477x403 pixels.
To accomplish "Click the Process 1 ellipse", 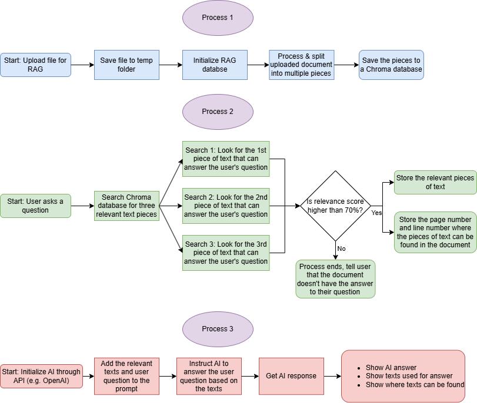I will tap(218, 18).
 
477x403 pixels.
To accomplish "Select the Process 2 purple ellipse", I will tap(218, 112).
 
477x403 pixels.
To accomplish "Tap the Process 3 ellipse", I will tap(218, 329).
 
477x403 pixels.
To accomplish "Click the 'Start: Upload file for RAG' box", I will tap(35, 65).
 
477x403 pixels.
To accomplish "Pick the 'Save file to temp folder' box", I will tap(126, 65).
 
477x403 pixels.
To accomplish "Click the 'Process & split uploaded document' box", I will tap(302, 65).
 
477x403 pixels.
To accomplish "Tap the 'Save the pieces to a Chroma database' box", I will tap(391, 65).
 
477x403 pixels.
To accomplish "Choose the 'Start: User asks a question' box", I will tap(35, 206).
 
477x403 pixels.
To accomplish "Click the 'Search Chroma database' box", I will tap(126, 206).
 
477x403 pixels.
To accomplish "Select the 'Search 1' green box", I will tap(226, 159).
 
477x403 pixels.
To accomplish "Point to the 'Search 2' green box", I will tap(226, 206).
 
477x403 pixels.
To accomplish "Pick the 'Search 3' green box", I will tap(226, 253).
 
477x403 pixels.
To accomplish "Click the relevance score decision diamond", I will tap(335, 206).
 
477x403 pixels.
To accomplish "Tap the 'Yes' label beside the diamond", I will tap(377, 213).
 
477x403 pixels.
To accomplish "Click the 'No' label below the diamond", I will tap(341, 248).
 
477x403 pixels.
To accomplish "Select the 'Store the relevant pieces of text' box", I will tap(435, 182).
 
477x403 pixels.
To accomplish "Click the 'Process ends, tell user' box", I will tap(335, 279).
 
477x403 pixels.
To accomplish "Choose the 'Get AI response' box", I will tap(291, 376).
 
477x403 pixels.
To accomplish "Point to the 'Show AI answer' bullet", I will tap(391, 368).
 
